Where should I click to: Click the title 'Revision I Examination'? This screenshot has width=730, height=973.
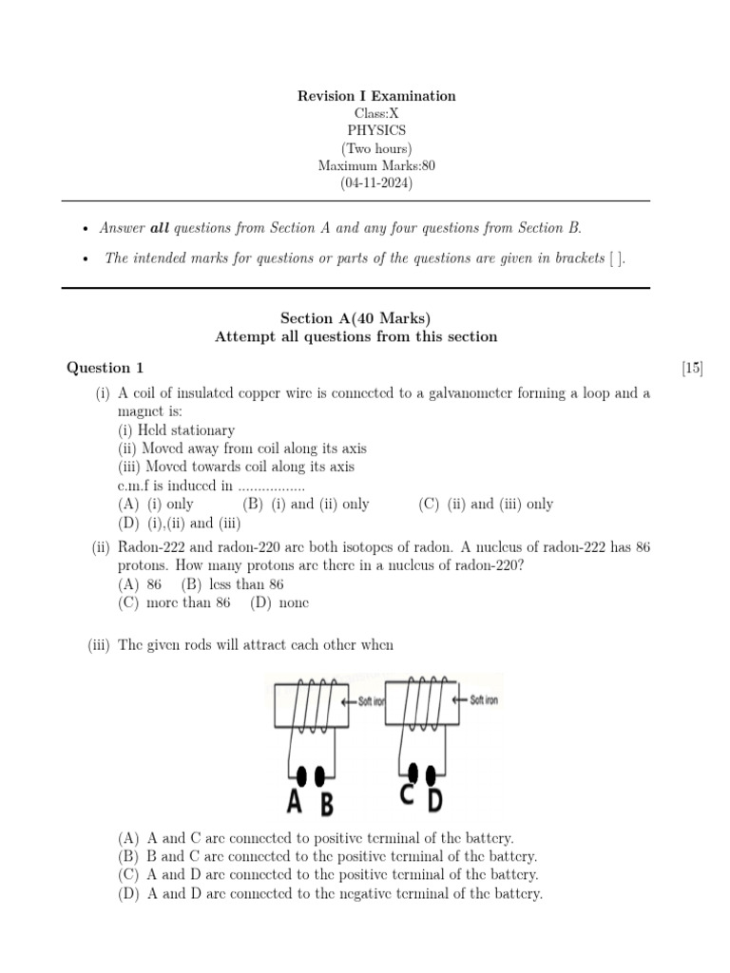[376, 96]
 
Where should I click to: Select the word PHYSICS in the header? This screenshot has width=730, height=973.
[376, 130]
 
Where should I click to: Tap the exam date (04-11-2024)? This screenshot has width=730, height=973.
[376, 182]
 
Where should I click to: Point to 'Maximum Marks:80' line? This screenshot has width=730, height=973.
[376, 165]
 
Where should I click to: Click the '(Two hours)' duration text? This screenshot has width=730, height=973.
[376, 148]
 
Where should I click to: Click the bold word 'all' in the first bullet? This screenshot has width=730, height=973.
[160, 228]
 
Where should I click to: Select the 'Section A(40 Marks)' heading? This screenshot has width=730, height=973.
[355, 318]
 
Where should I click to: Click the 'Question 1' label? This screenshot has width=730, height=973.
[105, 368]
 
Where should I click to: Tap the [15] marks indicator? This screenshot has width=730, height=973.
[692, 368]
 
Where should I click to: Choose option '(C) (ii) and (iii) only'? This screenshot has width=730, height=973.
[485, 505]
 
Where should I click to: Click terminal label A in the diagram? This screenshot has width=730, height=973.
[296, 803]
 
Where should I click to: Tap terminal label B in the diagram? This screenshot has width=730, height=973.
[326, 805]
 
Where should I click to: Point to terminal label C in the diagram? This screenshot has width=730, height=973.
[406, 796]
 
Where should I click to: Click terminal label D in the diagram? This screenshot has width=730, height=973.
[434, 801]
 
